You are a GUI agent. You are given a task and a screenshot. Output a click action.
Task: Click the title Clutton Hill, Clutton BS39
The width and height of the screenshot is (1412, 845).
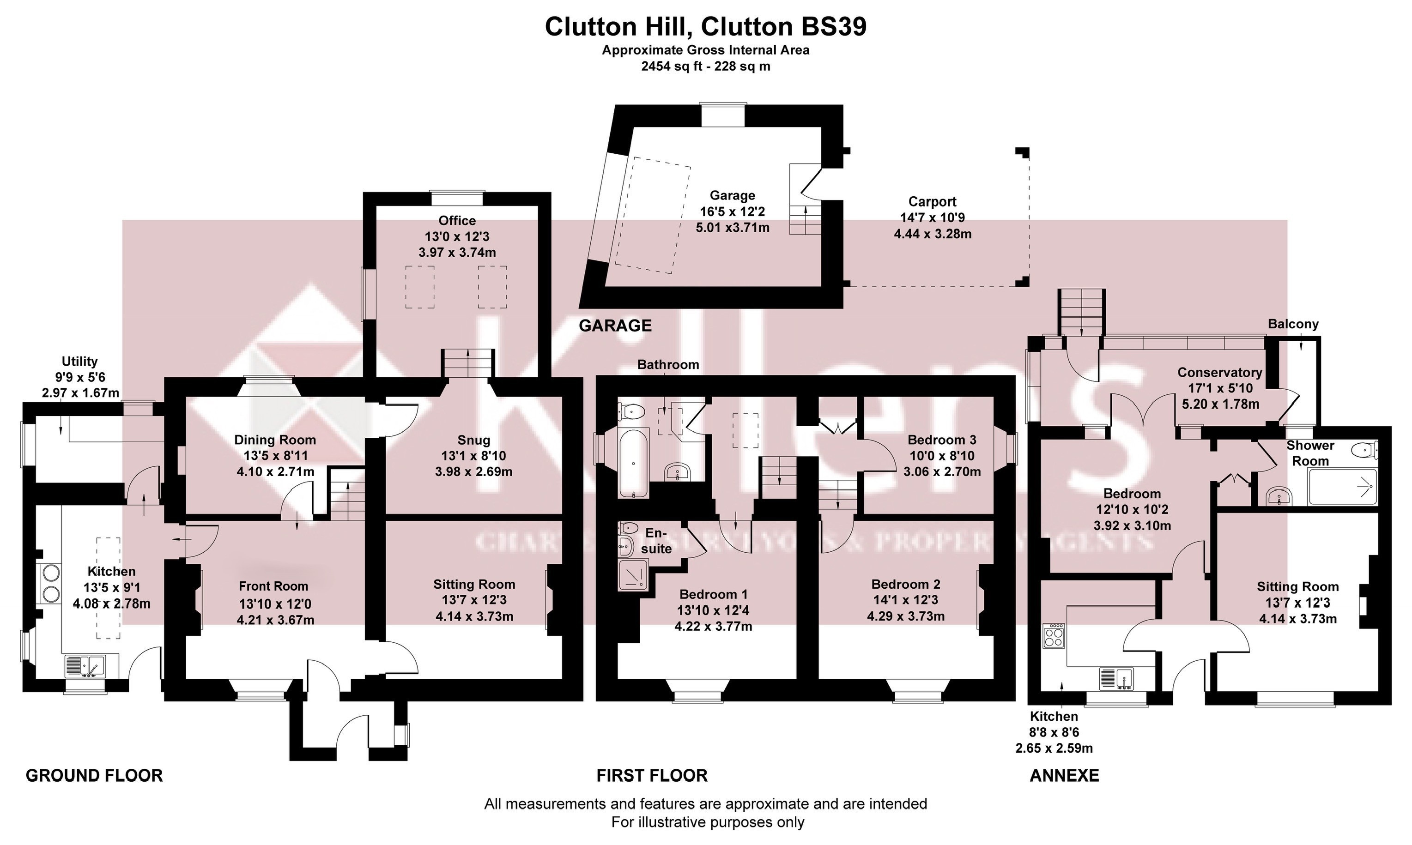pos(705,27)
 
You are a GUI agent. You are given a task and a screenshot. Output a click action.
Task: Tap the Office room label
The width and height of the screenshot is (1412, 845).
pos(457,220)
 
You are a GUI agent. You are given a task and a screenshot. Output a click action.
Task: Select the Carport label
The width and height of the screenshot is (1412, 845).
pos(932,202)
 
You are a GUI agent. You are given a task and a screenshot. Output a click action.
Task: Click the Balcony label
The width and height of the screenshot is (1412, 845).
pos(1293,324)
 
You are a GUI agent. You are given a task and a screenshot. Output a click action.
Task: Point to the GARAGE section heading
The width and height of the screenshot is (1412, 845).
pos(615,326)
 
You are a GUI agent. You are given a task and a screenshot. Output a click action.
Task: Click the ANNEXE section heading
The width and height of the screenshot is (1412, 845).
pos(1064,776)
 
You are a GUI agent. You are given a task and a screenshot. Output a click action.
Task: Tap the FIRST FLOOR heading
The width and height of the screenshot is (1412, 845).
pos(652,776)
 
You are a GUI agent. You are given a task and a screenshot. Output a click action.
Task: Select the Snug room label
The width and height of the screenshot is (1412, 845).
pos(473,440)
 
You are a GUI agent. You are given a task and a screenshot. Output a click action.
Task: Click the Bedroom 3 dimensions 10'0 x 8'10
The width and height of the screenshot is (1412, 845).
pos(941,456)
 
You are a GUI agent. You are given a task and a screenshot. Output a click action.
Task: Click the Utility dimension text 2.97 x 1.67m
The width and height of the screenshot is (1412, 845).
pos(80,393)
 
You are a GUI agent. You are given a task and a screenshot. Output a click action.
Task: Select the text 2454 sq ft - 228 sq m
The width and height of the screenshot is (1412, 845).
pos(705,66)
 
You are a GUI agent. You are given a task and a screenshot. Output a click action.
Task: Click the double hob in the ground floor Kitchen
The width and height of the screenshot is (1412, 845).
pos(49,583)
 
